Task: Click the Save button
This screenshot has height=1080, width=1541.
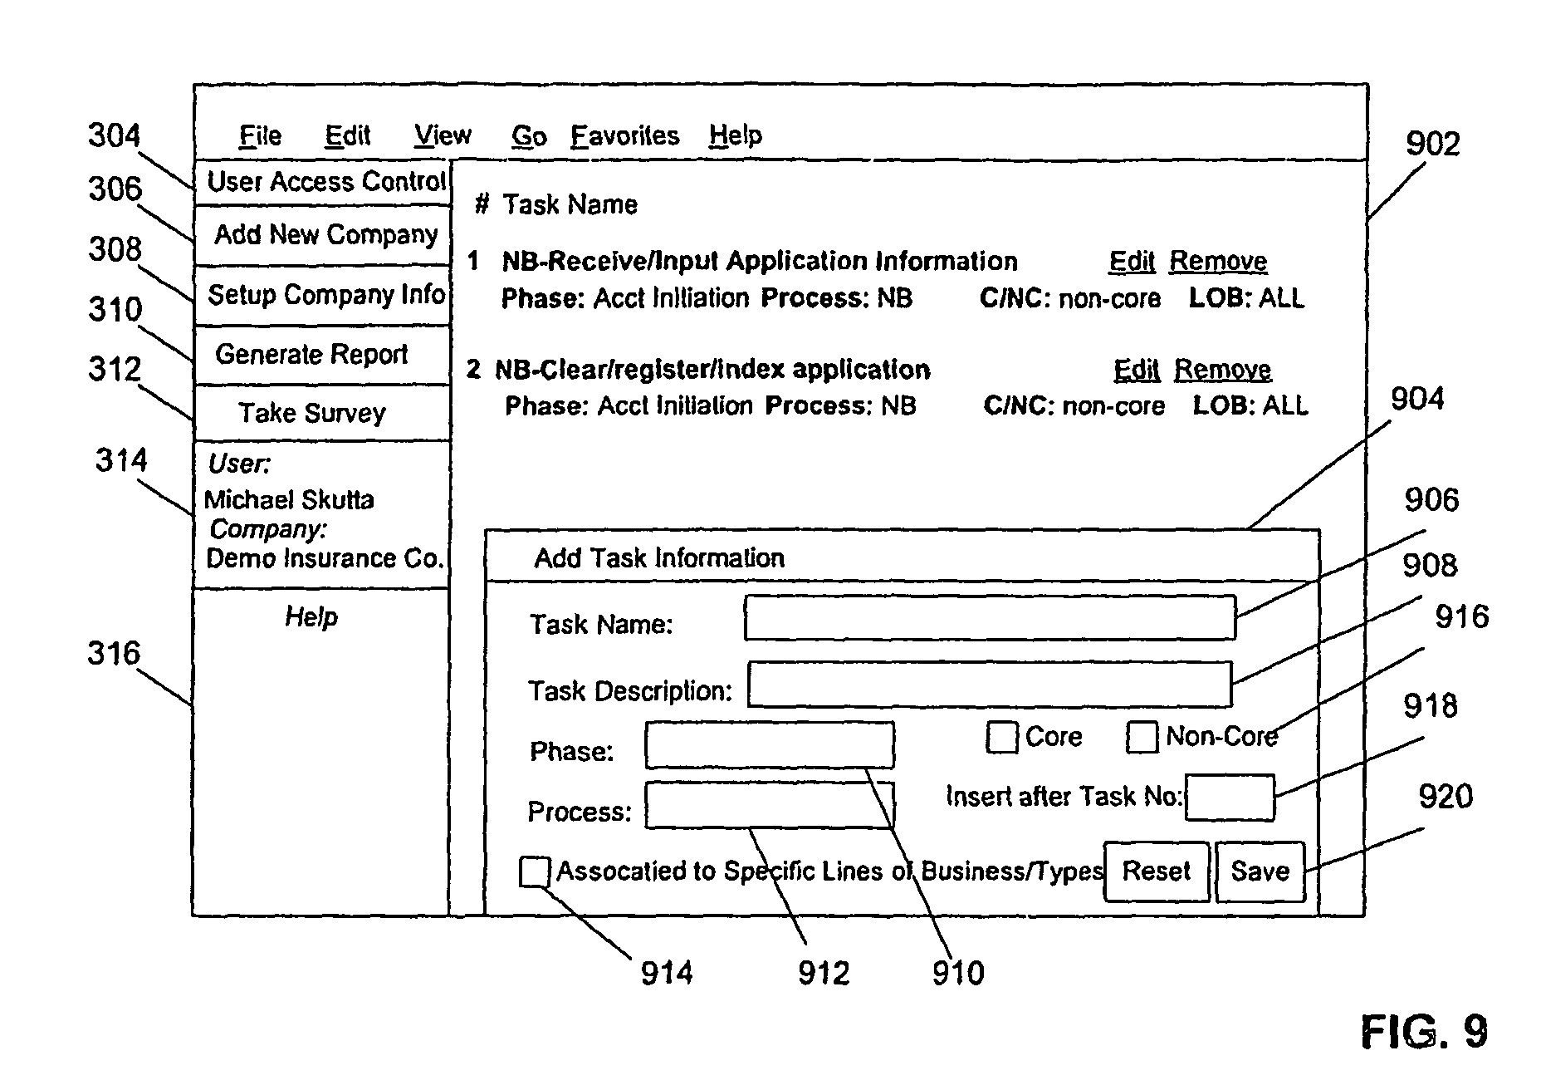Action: pyautogui.click(x=1260, y=871)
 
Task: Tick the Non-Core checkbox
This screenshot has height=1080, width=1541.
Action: pyautogui.click(x=1142, y=737)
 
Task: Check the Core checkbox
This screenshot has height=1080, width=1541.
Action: pyautogui.click(x=1002, y=737)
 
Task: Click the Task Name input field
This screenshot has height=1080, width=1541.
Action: pyautogui.click(x=990, y=617)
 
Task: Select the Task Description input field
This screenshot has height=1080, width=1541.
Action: pyautogui.click(x=990, y=684)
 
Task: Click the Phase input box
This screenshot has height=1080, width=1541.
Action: pyautogui.click(x=770, y=745)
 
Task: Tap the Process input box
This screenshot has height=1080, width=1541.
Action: pyautogui.click(x=770, y=805)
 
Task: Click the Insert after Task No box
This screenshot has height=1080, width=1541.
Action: pyautogui.click(x=1230, y=798)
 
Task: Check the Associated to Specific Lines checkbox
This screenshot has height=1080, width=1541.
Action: pyautogui.click(x=534, y=871)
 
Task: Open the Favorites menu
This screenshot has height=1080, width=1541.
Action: pyautogui.click(x=624, y=135)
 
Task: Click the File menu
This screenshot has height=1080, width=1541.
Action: pyautogui.click(x=260, y=135)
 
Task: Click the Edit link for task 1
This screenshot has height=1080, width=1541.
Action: pyautogui.click(x=1132, y=262)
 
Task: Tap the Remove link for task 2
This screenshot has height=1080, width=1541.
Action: pyautogui.click(x=1222, y=370)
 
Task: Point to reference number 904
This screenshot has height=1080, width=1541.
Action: pyautogui.click(x=1417, y=400)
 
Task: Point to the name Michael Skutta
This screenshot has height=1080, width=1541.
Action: pyautogui.click(x=289, y=499)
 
